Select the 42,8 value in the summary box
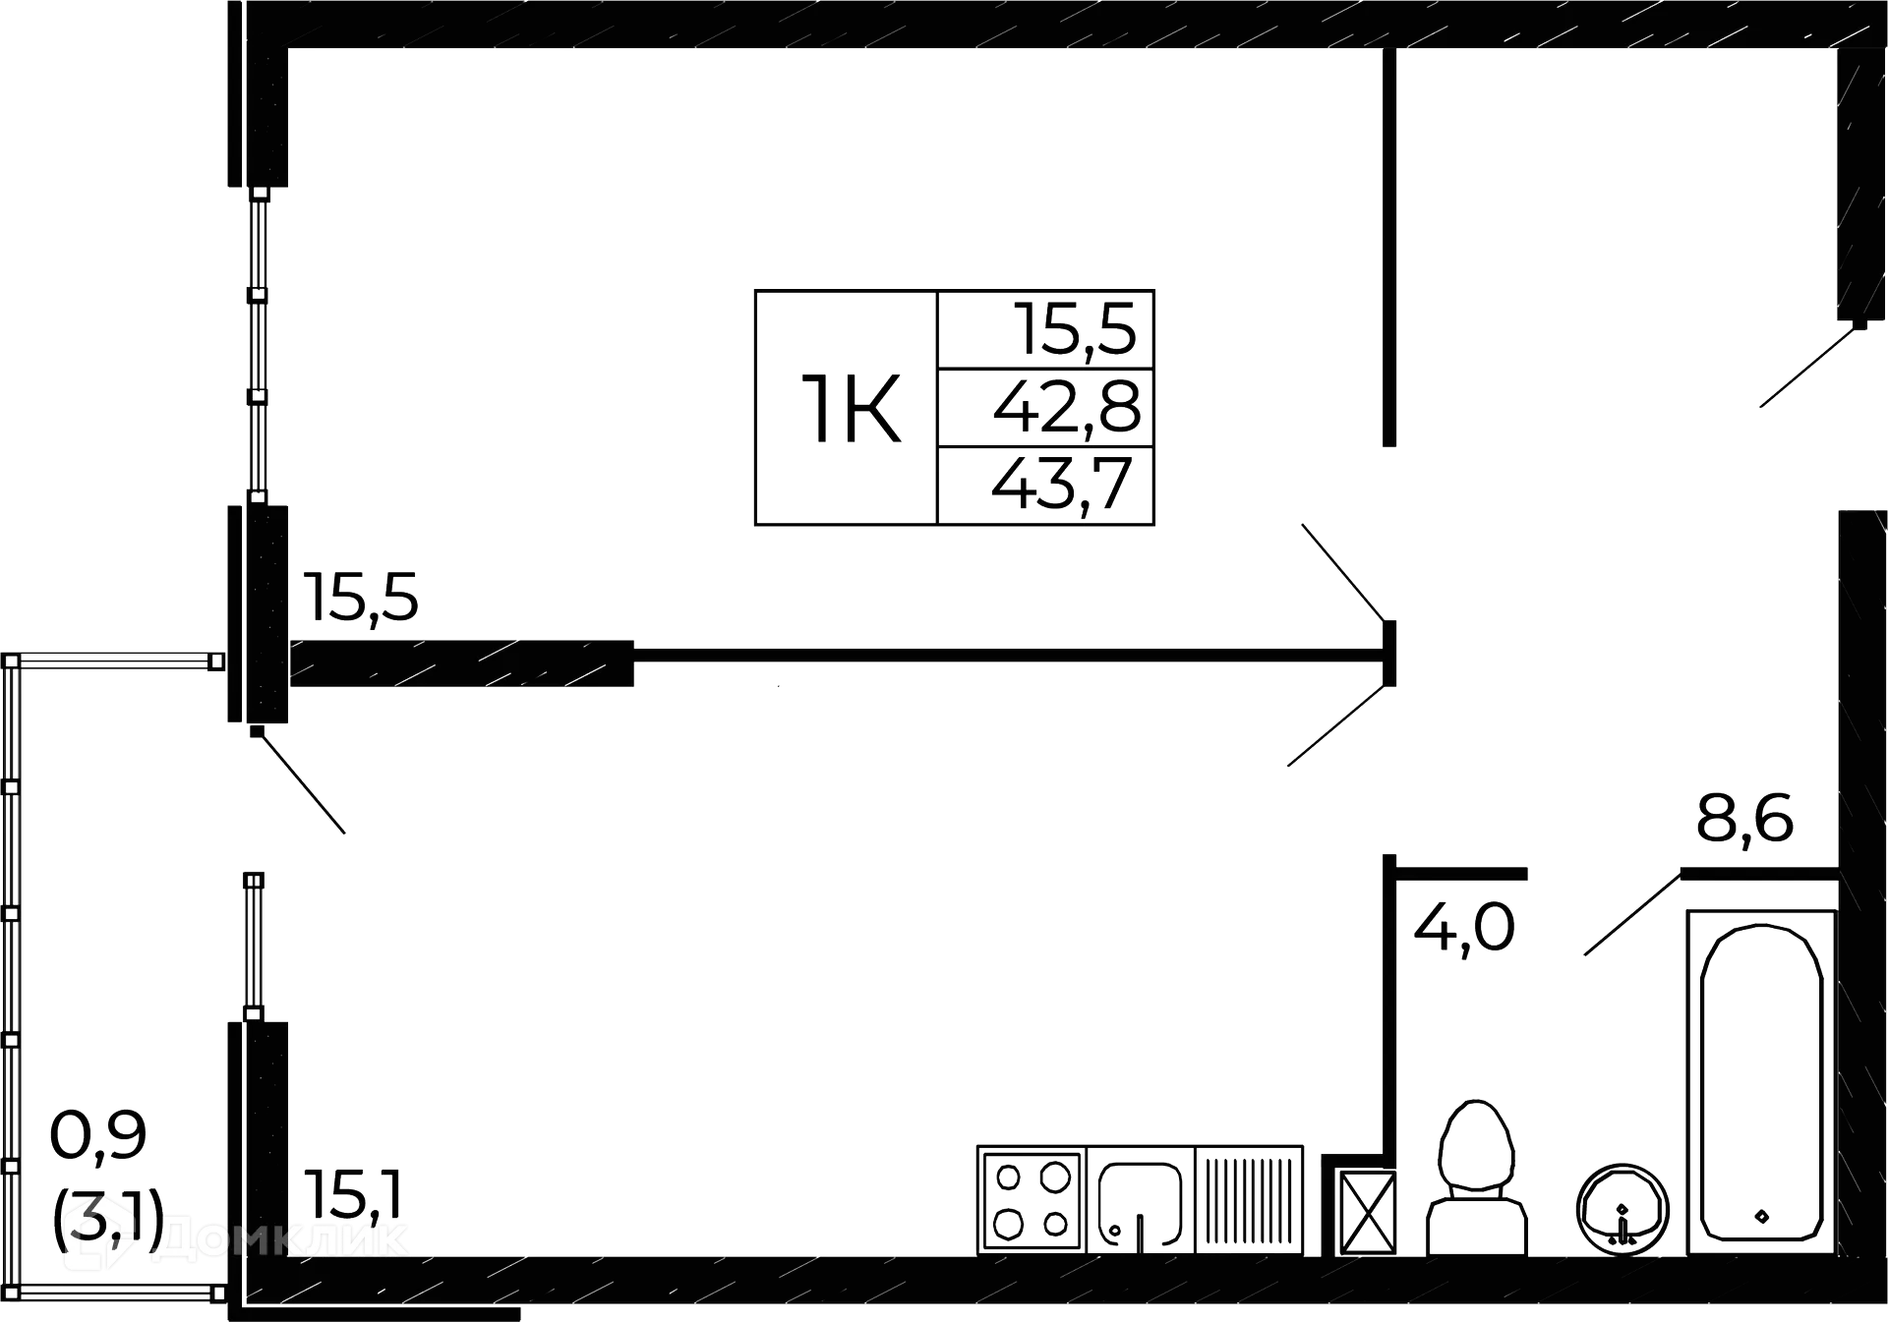pos(1066,407)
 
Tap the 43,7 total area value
pos(1062,486)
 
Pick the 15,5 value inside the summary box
pos(1079,328)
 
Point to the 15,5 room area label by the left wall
pos(360,597)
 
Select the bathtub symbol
pos(1760,1081)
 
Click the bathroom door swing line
pos(1629,913)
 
